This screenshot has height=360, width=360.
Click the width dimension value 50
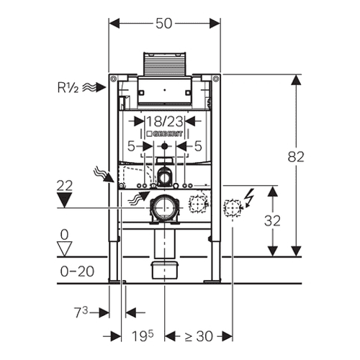164,24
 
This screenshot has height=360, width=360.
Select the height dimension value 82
296,157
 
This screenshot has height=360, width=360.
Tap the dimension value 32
272,220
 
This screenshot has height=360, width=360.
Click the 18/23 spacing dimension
165,122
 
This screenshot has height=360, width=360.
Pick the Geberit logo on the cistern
164,134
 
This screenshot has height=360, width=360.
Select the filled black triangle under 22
64,200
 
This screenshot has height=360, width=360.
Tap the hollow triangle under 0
64,249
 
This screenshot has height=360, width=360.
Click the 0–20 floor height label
77,271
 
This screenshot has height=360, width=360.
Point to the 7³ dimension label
81,312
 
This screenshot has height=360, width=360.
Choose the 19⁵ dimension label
143,336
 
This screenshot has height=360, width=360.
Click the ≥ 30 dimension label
199,336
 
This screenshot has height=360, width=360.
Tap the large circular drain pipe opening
165,207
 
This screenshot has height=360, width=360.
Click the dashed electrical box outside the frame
233,207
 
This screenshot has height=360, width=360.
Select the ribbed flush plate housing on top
165,63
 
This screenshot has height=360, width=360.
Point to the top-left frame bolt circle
114,78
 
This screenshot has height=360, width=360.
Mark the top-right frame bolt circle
216,78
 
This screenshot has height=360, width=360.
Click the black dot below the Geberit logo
164,145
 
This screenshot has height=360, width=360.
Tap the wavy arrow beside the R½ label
94,87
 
